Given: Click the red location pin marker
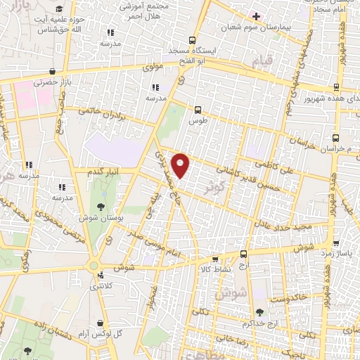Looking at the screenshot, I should click(x=181, y=165).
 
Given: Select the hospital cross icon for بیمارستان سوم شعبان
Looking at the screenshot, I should click(x=256, y=16).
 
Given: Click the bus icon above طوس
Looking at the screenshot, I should click(x=198, y=109).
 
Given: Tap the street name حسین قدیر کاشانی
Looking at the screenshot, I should click(x=252, y=180).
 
